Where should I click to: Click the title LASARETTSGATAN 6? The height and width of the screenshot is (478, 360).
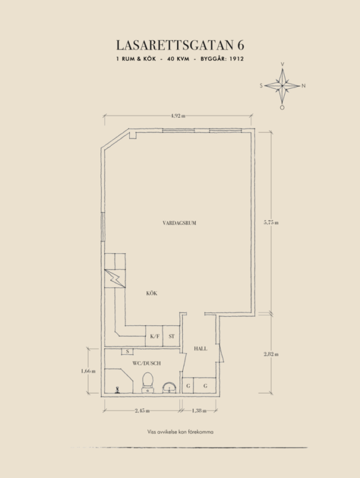click(180, 45)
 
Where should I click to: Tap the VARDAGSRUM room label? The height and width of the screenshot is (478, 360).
click(179, 223)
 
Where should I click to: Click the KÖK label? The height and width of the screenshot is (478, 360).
click(152, 293)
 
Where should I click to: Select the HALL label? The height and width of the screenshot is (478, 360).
click(200, 349)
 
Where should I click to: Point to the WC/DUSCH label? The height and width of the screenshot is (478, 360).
click(146, 363)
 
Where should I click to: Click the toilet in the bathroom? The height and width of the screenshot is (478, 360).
click(148, 382)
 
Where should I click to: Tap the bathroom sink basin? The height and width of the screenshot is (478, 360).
click(169, 387)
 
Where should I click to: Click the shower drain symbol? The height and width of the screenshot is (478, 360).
click(117, 390)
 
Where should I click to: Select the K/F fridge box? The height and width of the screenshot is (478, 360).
click(154, 336)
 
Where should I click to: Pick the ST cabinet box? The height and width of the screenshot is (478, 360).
click(171, 336)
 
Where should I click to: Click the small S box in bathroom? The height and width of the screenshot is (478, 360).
click(128, 352)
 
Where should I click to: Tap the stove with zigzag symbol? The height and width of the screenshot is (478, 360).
click(115, 278)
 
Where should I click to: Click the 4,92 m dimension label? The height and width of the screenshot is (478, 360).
click(178, 116)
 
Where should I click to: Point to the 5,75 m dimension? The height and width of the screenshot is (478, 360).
click(271, 222)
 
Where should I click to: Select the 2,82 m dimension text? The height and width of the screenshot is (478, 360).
click(271, 354)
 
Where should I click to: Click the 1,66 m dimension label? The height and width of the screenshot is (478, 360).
click(88, 371)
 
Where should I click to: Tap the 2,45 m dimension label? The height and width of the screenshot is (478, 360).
click(142, 410)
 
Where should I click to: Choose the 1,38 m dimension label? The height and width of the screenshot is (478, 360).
click(199, 410)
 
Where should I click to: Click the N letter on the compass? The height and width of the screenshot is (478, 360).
click(303, 86)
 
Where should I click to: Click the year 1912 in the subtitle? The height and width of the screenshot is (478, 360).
click(237, 59)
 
